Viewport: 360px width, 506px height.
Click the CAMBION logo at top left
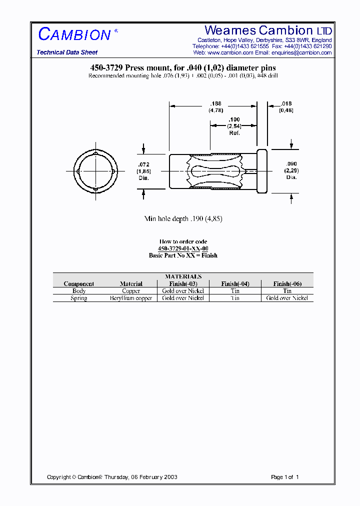coord(74,34)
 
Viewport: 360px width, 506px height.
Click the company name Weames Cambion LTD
coord(268,30)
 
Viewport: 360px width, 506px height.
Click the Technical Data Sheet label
coord(67,52)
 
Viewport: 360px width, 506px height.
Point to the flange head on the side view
coord(262,171)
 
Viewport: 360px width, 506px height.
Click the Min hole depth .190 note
coord(183,219)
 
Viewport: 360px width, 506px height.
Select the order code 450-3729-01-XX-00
coord(183,248)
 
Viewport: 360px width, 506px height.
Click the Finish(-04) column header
coord(235,283)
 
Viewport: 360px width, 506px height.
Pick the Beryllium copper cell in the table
coord(131,298)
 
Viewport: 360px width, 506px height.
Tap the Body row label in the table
coord(79,291)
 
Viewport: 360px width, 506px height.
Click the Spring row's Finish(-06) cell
coord(287,298)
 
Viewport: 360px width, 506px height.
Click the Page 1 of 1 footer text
coord(284,477)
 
